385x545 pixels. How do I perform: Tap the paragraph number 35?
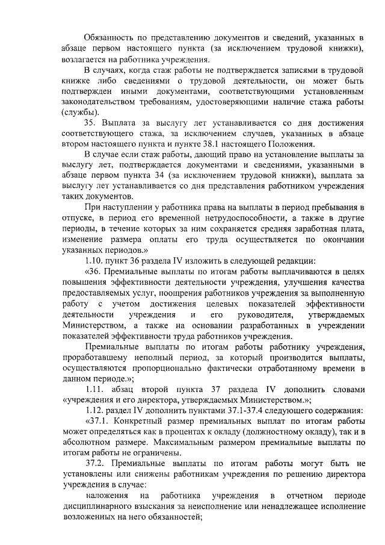coord(91,123)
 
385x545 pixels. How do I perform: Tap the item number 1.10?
coord(96,260)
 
